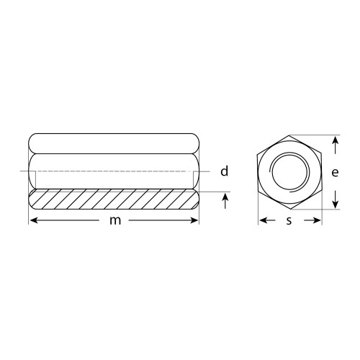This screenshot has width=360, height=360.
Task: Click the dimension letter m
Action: tap(115, 221)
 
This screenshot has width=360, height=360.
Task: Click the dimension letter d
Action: tap(225, 171)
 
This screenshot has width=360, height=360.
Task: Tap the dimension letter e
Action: tap(335, 172)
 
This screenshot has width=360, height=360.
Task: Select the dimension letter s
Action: tap(289, 221)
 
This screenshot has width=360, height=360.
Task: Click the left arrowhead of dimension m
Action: tap(33, 220)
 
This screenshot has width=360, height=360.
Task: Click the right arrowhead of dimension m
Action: tap(194, 220)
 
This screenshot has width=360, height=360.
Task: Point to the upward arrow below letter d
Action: tap(225, 201)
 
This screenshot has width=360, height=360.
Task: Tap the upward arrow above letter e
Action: tap(336, 145)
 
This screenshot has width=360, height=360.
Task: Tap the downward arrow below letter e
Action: tap(336, 199)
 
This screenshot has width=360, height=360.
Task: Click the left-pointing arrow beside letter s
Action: tap(267, 220)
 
